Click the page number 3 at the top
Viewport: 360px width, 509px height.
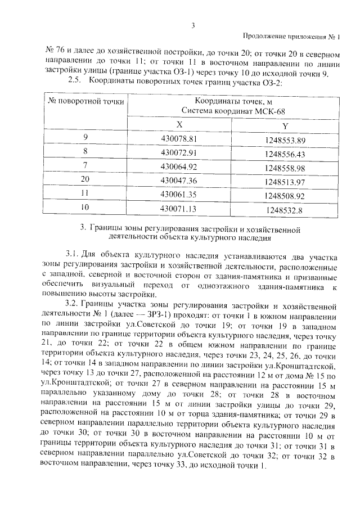pyautogui.click(x=193, y=25)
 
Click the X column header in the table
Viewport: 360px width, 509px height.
pyautogui.click(x=179, y=125)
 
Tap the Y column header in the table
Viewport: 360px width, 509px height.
pyautogui.click(x=285, y=126)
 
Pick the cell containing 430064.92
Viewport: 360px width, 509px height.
pyautogui.click(x=179, y=167)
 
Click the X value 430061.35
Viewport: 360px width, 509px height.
pyautogui.click(x=179, y=194)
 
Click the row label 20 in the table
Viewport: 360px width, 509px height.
pyautogui.click(x=85, y=181)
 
